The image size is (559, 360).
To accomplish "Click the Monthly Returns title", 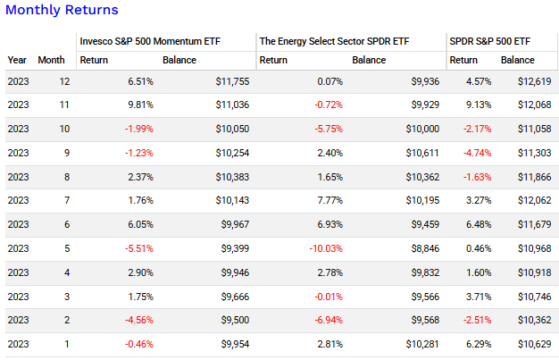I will click(x=62, y=10).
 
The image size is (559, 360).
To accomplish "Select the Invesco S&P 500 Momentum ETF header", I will click(x=149, y=41).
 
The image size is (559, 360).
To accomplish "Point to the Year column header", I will click(x=17, y=61).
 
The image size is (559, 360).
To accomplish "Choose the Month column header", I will click(x=51, y=61).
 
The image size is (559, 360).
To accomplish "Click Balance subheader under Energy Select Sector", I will click(x=369, y=61).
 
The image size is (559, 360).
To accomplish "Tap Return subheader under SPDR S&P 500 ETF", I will click(x=463, y=61).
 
